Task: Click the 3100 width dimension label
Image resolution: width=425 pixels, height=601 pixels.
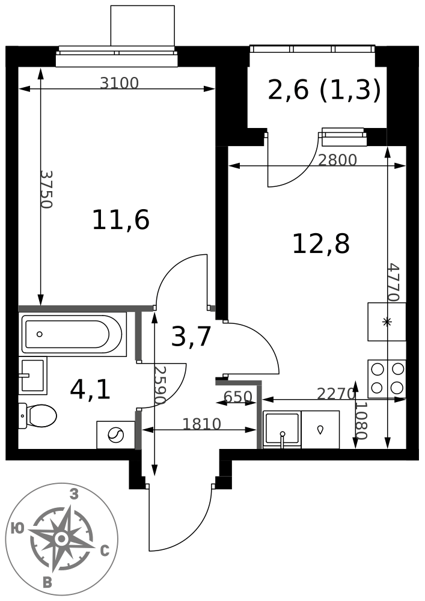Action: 119,83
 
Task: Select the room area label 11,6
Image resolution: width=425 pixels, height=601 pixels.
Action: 121,220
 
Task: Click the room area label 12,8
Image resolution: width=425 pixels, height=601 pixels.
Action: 321,244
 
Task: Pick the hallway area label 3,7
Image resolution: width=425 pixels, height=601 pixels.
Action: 191,337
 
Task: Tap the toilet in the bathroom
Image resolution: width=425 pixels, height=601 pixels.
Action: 37,415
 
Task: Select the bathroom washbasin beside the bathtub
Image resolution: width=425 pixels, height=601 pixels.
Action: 32,376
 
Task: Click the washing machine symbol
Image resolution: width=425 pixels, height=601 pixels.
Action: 116,435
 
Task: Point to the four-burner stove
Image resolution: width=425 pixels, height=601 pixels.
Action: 387,379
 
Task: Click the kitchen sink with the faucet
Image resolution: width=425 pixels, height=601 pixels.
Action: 282,429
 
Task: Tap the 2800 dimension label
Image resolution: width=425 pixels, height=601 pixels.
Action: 338,160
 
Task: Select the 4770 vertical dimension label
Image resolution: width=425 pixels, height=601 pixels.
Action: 394,282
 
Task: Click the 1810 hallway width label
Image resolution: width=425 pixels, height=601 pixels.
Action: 202,424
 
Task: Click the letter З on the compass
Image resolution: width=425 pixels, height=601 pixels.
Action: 74,495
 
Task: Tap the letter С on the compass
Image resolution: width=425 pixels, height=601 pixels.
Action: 105,551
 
